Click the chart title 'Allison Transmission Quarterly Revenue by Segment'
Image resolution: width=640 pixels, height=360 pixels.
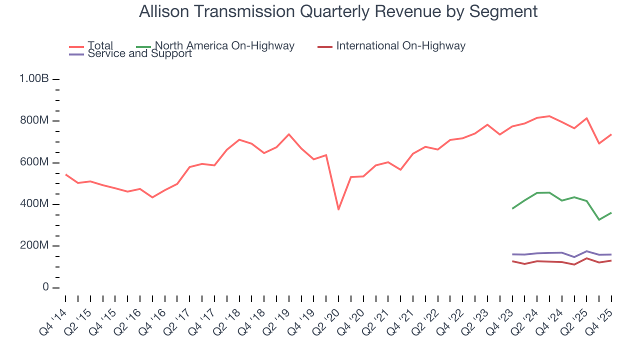click(338, 11)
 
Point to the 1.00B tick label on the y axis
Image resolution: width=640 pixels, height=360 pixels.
click(33, 79)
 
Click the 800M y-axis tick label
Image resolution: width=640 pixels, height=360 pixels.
click(34, 121)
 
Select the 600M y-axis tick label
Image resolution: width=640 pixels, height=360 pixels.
click(34, 162)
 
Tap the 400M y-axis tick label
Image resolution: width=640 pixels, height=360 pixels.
click(34, 204)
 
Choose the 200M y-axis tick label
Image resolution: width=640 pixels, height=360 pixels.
click(34, 246)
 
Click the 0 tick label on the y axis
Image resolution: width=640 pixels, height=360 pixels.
click(45, 287)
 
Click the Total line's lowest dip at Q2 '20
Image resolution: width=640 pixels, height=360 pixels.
click(338, 209)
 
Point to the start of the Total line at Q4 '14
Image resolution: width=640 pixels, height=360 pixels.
click(65, 174)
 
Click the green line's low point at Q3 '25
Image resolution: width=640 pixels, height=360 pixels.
click(599, 220)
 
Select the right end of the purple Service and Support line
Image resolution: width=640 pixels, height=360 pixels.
click(611, 254)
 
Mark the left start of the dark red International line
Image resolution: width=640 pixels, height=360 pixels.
click(512, 261)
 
